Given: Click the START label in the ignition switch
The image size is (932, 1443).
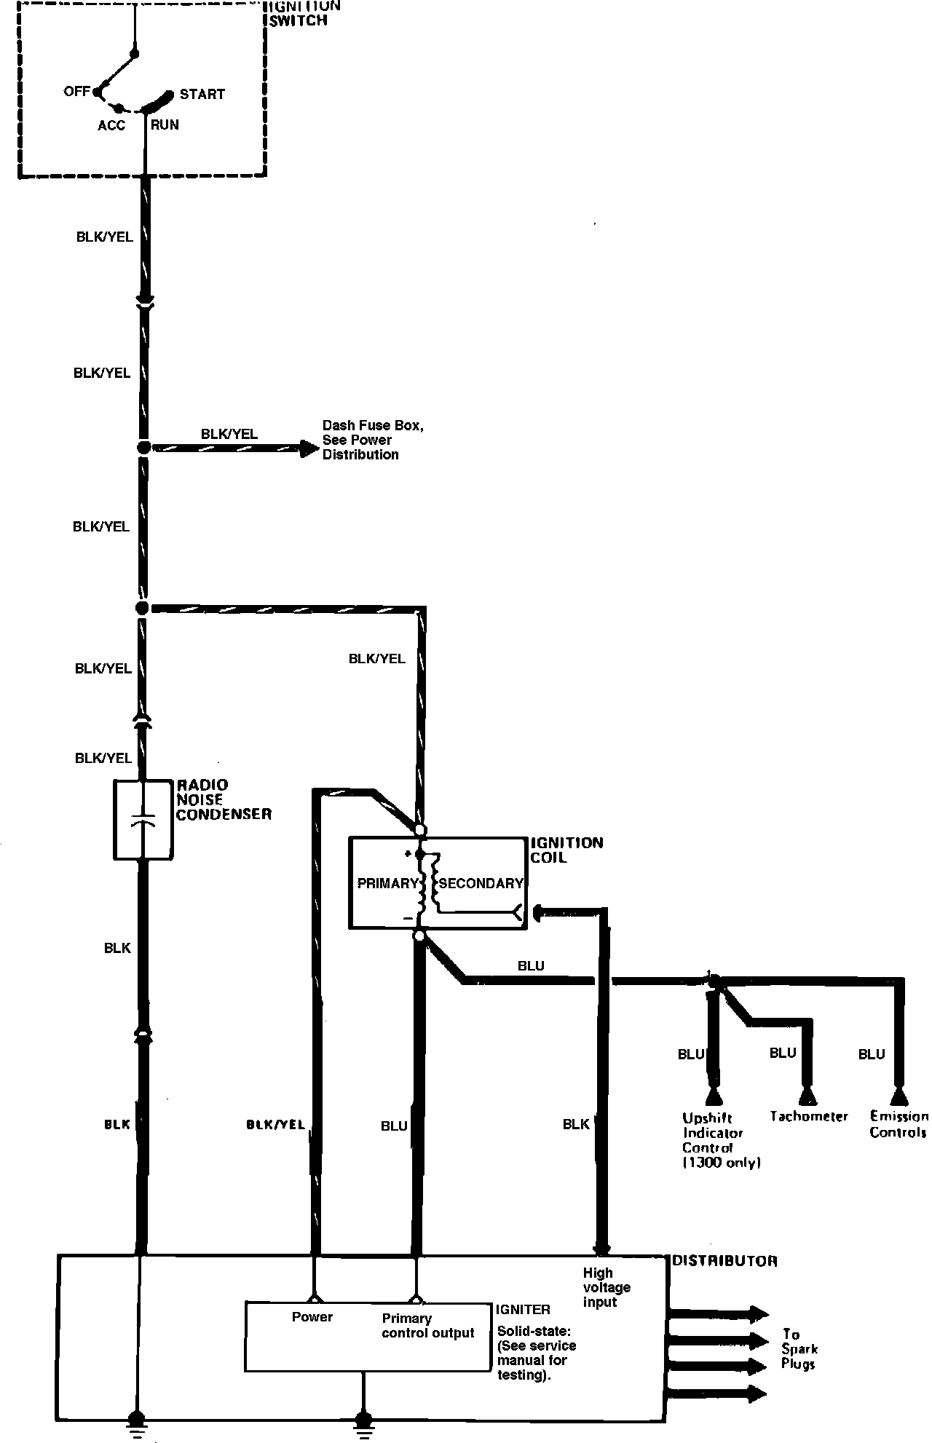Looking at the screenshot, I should click(x=202, y=94).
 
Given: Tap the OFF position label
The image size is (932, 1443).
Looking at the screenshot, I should click(x=76, y=91).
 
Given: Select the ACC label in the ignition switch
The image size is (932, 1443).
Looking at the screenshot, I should click(x=111, y=125).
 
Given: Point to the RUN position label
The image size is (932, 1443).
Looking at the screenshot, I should click(x=165, y=124).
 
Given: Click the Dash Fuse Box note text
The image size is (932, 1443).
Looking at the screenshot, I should click(x=372, y=440).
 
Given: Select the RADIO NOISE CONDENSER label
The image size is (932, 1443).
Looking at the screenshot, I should click(x=223, y=799).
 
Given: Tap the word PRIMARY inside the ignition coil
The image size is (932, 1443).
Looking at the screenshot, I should click(x=387, y=883).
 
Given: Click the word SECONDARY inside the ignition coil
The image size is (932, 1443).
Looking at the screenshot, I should click(x=481, y=883).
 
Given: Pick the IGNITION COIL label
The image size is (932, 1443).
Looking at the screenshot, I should click(x=566, y=850).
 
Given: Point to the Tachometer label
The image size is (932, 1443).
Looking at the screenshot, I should click(x=809, y=1116).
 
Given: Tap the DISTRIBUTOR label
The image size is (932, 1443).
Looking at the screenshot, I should click(x=724, y=1260).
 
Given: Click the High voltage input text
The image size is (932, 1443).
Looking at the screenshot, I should click(x=606, y=1287).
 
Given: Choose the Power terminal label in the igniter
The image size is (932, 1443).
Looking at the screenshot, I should click(x=312, y=1316).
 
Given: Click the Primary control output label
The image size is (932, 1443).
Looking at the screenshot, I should click(x=427, y=1325).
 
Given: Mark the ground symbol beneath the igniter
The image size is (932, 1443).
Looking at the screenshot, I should click(x=362, y=1419).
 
